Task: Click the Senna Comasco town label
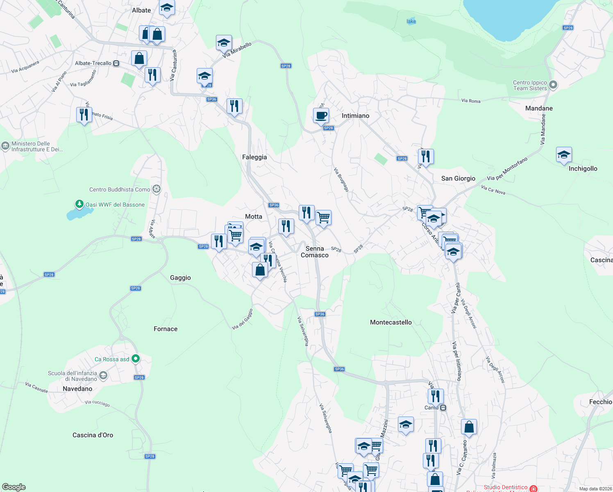pos(315,252)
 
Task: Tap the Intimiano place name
pos(355,116)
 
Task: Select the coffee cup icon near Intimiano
pos(321,116)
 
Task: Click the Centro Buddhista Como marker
pos(157,189)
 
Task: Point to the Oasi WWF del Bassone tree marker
pos(79,204)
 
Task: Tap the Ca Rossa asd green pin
pos(136,359)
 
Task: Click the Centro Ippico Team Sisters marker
pos(553,85)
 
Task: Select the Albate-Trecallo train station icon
pos(116,64)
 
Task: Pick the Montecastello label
pos(391,322)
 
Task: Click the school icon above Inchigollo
pos(564,155)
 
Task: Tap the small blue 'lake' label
pos(411,21)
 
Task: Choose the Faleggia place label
pos(254,157)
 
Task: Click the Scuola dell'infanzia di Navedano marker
pos(103,375)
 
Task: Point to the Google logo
pos(14,487)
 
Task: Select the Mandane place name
pos(539,108)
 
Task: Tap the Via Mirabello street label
pos(237,50)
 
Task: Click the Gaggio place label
pos(180,278)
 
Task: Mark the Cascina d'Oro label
pos(93,435)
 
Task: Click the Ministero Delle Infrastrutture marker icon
pos(5,146)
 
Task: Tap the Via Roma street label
pos(471,100)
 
